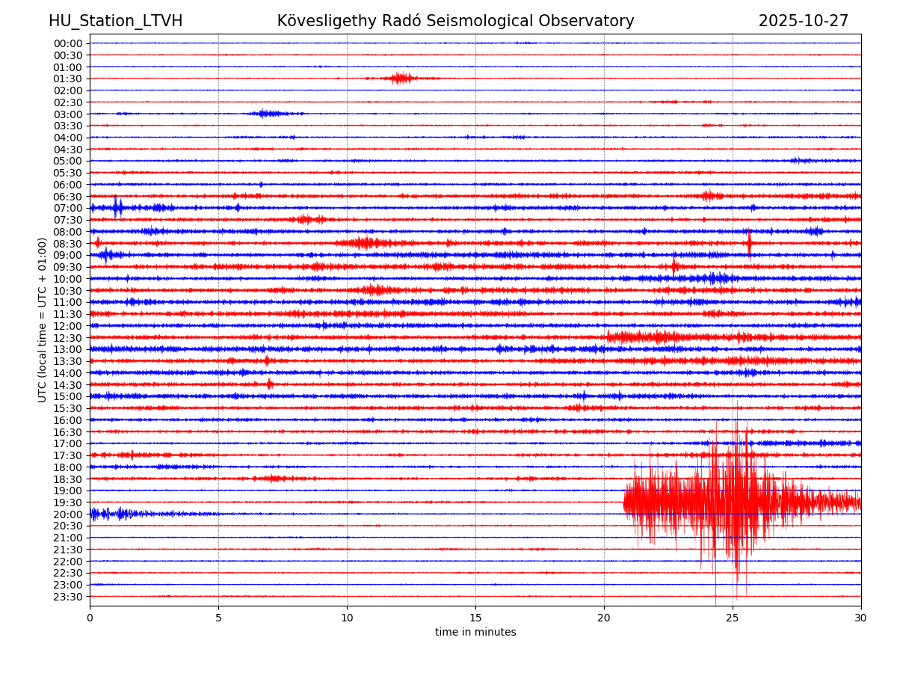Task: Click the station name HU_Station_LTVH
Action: pos(115,21)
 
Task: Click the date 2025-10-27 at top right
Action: pos(804,21)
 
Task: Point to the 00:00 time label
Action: pos(68,43)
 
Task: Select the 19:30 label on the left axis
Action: pos(68,503)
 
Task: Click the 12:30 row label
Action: pos(68,338)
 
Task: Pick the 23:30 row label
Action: pos(68,597)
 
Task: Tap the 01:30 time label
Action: pos(68,79)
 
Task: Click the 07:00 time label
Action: pos(68,208)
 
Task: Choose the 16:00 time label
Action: pos(68,420)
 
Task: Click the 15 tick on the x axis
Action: pos(475,618)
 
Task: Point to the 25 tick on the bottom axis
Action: pos(733,618)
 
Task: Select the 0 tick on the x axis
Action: pos(90,618)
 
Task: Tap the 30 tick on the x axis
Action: pos(861,618)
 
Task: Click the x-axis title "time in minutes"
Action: pos(475,633)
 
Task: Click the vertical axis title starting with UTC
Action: pos(43,319)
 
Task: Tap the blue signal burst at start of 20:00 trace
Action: pos(112,514)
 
